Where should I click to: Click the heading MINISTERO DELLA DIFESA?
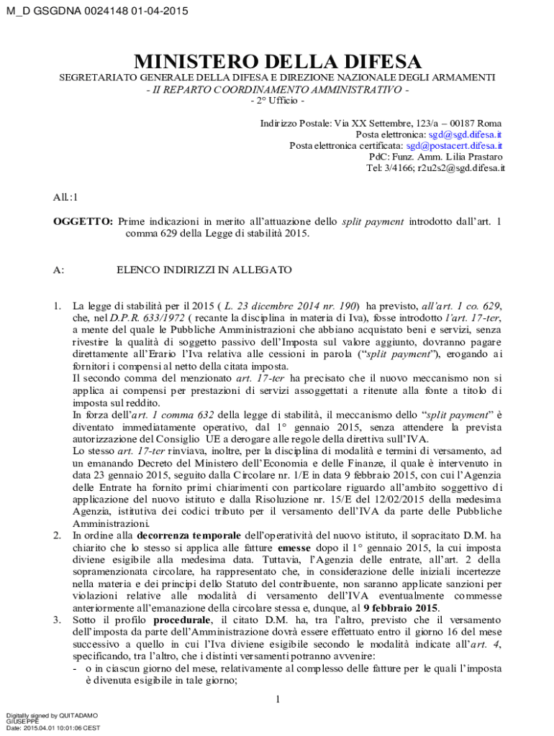pyautogui.click(x=276, y=61)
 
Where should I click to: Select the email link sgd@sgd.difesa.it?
pyautogui.click(x=465, y=134)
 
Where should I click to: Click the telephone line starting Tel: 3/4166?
pyautogui.click(x=435, y=167)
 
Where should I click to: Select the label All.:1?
pyautogui.click(x=66, y=196)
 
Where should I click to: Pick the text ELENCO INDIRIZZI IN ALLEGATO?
pyautogui.click(x=204, y=270)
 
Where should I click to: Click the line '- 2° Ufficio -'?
pyautogui.click(x=277, y=100)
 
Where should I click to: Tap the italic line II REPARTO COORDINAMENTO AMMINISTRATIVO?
pyautogui.click(x=277, y=89)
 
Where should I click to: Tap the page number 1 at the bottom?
pyautogui.click(x=278, y=699)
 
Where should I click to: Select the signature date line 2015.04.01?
pyautogui.click(x=52, y=728)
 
